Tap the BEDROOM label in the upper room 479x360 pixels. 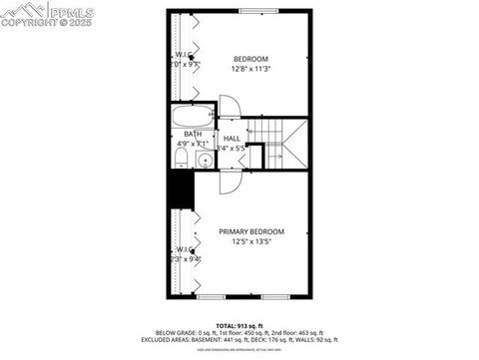coord(250,59)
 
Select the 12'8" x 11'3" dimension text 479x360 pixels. coord(250,69)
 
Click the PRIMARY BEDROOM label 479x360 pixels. coord(251,231)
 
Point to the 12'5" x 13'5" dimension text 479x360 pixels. coord(251,241)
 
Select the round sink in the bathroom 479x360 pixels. coord(204,159)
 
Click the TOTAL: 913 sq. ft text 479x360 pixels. coord(239,325)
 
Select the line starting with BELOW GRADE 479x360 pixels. coord(239,332)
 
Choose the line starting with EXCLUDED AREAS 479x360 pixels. coord(239,340)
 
